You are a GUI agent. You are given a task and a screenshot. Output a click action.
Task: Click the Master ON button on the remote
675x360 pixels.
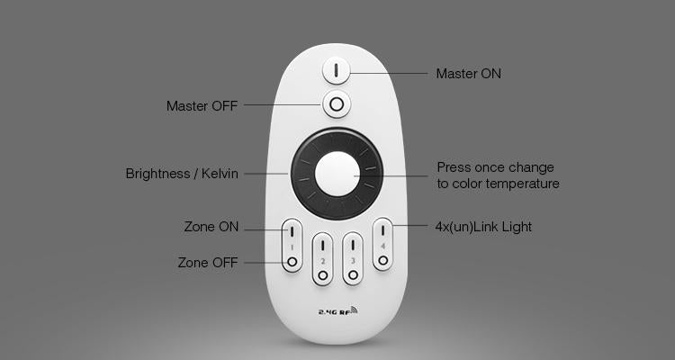337,70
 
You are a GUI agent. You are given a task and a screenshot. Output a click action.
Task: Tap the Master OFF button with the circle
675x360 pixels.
337,104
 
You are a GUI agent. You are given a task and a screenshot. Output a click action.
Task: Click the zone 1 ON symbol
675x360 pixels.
292,231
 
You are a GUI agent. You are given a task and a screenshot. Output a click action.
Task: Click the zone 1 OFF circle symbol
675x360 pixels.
292,261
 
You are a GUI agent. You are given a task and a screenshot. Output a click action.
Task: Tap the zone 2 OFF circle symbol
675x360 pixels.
322,275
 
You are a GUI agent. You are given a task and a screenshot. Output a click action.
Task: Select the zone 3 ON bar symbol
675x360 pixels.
353,245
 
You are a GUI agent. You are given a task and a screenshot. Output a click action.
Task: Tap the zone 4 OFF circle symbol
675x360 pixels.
382,260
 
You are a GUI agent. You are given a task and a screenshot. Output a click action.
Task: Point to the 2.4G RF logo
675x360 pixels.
337,310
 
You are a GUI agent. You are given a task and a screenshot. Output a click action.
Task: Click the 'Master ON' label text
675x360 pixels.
468,74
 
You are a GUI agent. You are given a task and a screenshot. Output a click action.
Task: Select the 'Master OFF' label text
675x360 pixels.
202,106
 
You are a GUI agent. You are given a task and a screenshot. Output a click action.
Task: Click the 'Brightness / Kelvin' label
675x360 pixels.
182,174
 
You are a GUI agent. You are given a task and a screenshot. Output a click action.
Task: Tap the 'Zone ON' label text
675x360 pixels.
211,227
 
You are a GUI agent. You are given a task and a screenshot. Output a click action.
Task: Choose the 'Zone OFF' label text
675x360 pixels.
208,263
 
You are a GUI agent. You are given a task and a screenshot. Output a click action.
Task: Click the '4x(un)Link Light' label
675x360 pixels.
483,227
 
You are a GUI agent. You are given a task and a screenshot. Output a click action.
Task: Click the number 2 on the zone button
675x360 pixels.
322,261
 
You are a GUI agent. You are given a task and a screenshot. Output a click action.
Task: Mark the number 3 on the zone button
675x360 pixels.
353,261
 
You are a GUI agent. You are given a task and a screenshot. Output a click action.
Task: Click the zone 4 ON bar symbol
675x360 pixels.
382,230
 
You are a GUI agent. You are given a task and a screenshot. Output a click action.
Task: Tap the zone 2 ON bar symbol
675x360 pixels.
322,245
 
